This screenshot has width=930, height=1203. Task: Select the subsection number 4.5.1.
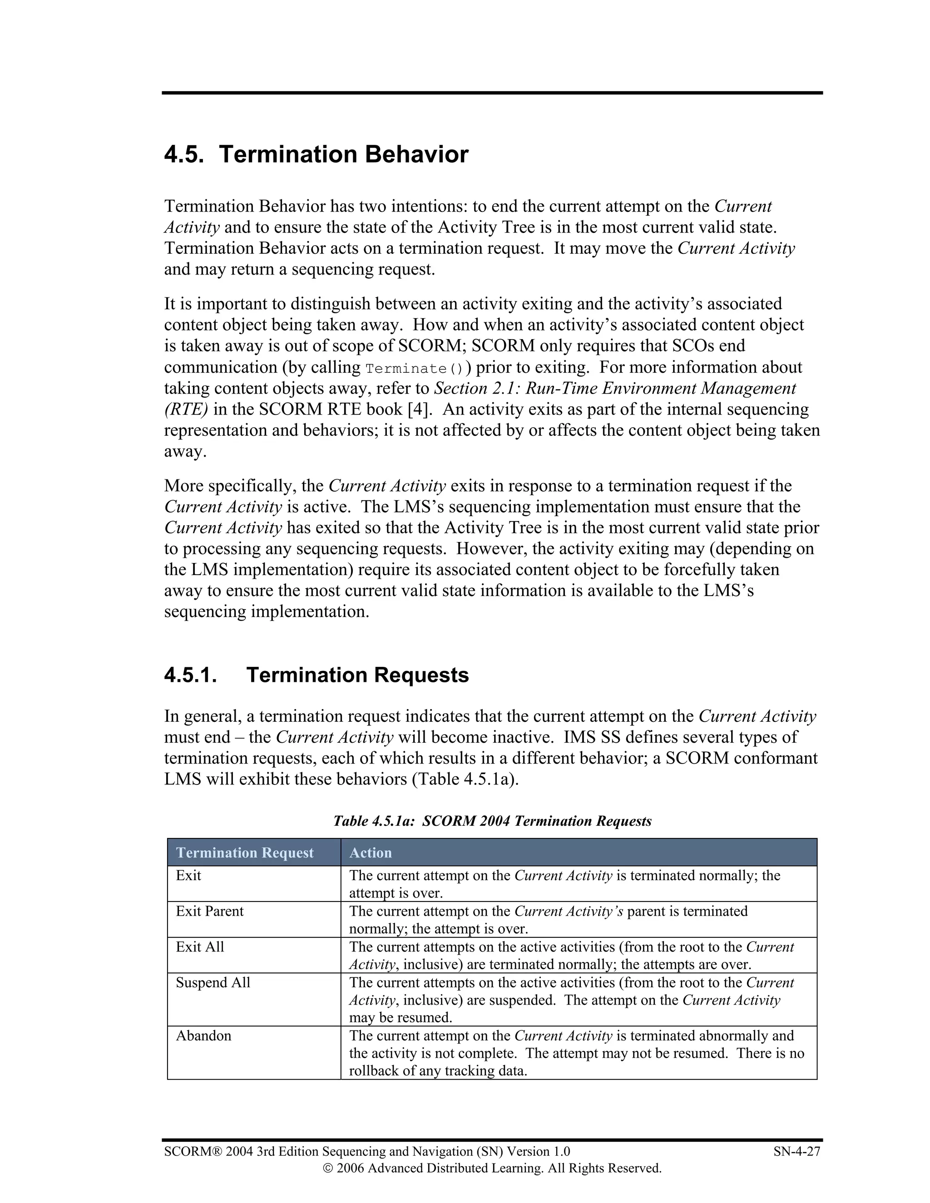point(190,675)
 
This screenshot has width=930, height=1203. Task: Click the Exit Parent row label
point(209,911)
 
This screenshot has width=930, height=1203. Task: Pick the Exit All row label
point(199,947)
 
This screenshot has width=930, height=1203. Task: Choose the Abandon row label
point(203,1035)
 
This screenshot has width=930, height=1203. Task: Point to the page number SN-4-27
point(796,1152)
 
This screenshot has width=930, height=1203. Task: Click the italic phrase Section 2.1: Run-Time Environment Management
point(615,389)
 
